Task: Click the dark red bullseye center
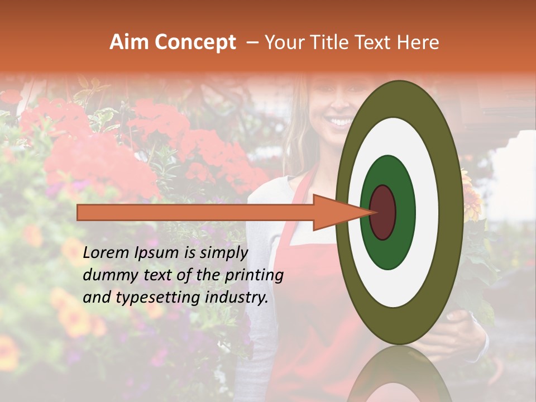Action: pos(383,212)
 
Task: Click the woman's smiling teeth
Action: pos(339,121)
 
